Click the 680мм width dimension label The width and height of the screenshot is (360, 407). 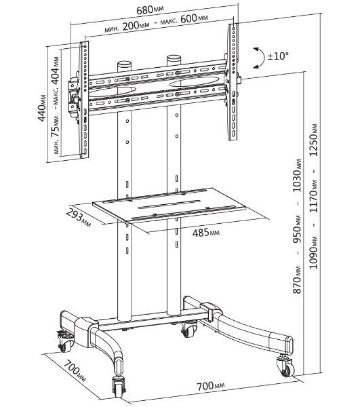click(151, 10)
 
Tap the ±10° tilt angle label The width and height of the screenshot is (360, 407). click(278, 56)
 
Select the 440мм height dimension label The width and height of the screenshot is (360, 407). click(41, 108)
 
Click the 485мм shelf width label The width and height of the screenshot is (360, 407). click(206, 233)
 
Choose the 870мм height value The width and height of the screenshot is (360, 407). click(297, 279)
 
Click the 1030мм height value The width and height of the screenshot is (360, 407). click(297, 176)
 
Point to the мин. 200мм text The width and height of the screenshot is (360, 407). click(127, 27)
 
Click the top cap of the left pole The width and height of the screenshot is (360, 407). click(124, 64)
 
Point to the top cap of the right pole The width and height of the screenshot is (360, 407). click(174, 58)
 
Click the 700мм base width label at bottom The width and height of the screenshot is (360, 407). click(211, 386)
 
